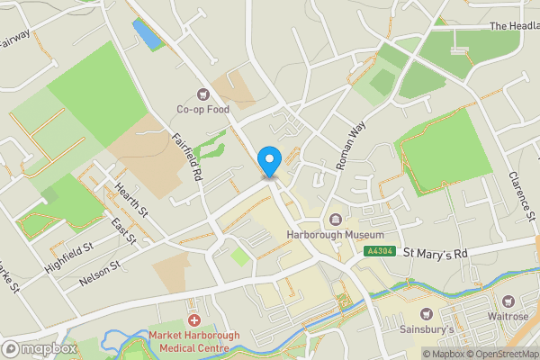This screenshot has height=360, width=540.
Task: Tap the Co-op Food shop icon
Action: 202,93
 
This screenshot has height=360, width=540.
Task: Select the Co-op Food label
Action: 202,110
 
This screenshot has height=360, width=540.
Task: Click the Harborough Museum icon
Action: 335,220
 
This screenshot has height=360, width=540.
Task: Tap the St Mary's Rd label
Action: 436,255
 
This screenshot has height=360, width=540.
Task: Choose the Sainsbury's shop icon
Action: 427,314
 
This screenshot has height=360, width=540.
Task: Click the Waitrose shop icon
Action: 510,314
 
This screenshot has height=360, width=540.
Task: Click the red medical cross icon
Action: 193,320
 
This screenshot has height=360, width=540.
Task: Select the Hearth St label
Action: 131,199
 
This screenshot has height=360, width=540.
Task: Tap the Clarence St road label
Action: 522,193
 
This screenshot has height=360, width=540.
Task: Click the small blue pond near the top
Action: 143,34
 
